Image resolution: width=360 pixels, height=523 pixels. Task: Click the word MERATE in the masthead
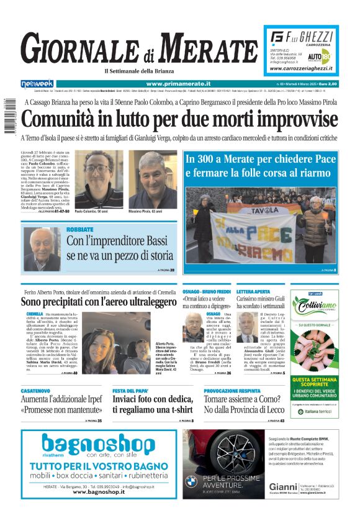click(204, 48)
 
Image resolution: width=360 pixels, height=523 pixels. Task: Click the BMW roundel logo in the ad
click(191, 480)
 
